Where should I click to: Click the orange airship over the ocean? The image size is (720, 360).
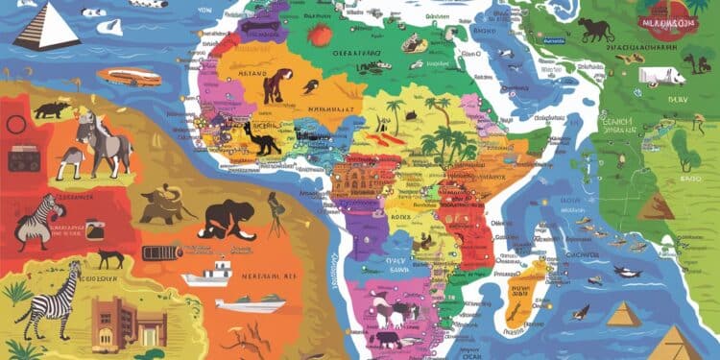coord(128,77)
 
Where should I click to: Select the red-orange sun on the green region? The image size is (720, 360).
coord(321,36)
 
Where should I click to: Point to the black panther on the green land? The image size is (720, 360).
coord(595,30)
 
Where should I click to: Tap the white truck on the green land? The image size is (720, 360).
coord(662,76)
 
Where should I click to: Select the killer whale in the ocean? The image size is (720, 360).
coord(628,273)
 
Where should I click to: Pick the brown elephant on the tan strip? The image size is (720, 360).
coord(162,204)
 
